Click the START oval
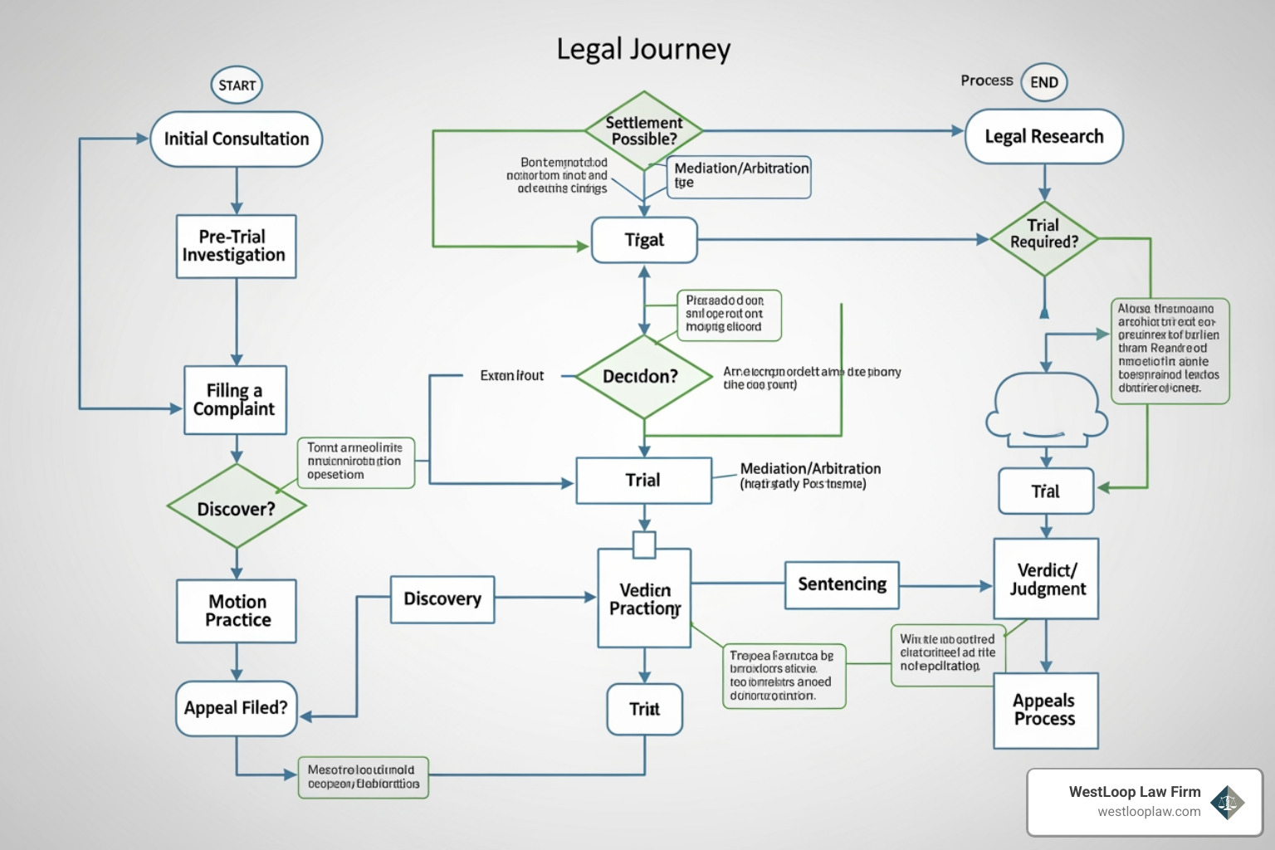point(237,85)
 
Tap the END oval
point(1043,82)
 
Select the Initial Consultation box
point(236,139)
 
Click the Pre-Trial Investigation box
point(236,247)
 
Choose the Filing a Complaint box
point(235,400)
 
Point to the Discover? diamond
point(237,507)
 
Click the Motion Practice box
point(237,611)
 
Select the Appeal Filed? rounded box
point(236,708)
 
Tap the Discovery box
point(442,599)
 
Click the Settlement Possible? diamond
point(643,131)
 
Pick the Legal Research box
point(1043,137)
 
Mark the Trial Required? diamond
point(1043,238)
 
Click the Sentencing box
point(842,585)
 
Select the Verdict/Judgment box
point(1046,579)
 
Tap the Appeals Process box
point(1045,711)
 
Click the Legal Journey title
point(643,49)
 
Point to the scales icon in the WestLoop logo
point(1227,802)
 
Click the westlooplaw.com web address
point(1149,812)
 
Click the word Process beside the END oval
point(986,81)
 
